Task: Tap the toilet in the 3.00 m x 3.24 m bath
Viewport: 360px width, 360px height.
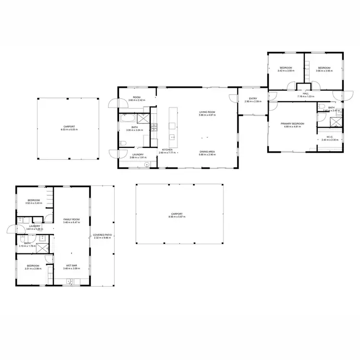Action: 122,143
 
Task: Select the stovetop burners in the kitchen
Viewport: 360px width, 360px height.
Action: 155,127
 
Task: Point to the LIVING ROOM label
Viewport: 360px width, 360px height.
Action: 207,113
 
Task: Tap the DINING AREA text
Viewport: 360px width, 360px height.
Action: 207,152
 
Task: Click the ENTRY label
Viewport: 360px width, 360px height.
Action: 252,98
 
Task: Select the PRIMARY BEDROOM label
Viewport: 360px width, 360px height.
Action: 293,124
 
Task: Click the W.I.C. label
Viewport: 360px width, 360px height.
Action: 330,137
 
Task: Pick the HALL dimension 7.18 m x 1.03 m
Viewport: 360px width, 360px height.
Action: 305,97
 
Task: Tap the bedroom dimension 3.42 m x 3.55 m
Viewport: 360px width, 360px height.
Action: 286,71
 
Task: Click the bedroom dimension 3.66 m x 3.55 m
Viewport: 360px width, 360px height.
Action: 324,71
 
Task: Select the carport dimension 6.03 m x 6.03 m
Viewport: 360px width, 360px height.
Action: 69,130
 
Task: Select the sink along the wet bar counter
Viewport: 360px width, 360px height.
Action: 70,282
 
